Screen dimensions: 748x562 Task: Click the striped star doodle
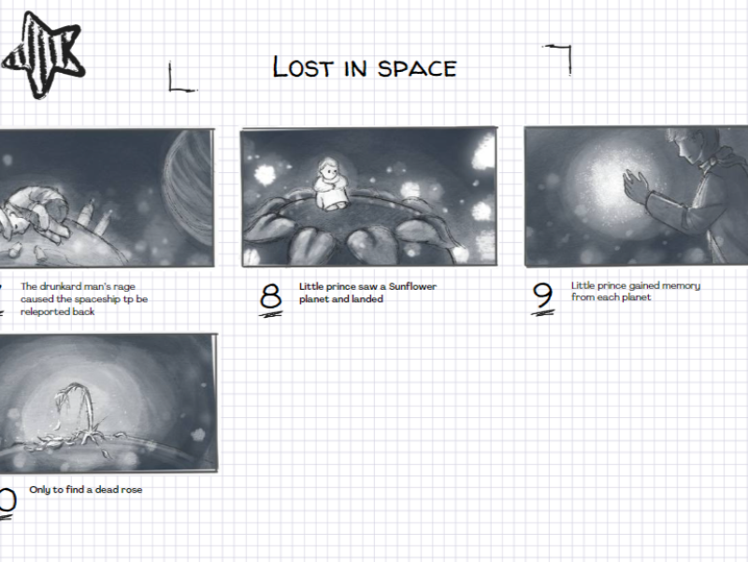point(44,55)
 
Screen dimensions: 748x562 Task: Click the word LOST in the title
point(302,66)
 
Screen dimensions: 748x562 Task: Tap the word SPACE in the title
point(417,68)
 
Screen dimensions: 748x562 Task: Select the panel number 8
point(270,297)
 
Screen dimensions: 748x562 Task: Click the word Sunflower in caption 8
point(412,286)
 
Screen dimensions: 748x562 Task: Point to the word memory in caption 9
point(681,286)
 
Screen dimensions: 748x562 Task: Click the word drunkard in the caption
point(58,286)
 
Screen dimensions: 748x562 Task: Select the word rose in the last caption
point(132,489)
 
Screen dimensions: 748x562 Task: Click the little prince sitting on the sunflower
point(330,184)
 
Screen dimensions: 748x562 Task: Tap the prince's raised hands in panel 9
point(636,188)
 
